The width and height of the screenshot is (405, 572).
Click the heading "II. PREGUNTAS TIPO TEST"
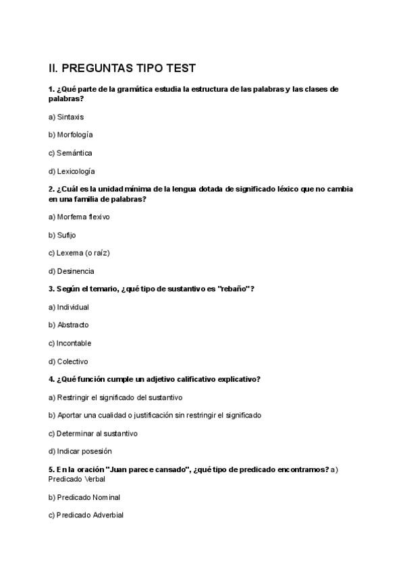[122, 68]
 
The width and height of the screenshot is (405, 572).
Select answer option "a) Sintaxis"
[66, 117]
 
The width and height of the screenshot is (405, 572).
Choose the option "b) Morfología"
[71, 135]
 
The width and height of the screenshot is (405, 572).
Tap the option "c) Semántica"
[70, 153]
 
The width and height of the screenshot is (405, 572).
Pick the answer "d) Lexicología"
[72, 171]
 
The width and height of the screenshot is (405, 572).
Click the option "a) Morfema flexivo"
[79, 217]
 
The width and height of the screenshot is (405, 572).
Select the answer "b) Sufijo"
[62, 235]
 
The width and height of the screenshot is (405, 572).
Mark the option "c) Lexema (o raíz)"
[79, 253]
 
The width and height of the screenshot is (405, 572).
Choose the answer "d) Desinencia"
[72, 271]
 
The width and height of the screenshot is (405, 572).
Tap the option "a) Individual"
[69, 308]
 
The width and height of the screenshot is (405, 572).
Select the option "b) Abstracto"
[69, 325]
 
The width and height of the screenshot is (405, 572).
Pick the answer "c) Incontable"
[70, 343]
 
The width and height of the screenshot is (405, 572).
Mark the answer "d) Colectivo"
[68, 362]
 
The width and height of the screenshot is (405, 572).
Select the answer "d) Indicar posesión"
[80, 451]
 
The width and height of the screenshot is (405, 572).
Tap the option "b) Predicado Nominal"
[84, 497]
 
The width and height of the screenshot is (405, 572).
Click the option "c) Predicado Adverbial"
[86, 515]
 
